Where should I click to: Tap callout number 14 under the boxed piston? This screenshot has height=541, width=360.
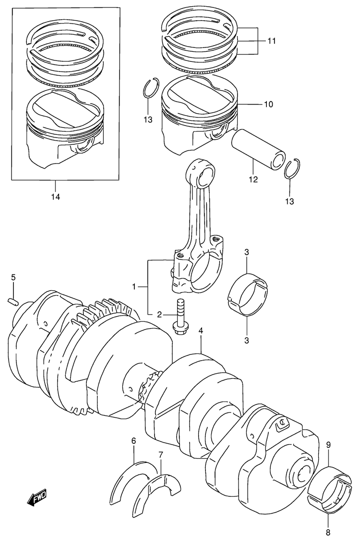coord(55,197)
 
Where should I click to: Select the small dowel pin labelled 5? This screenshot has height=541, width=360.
coord(12,301)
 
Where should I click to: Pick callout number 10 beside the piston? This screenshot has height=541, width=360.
coord(268,104)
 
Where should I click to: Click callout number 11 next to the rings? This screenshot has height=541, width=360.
coord(271,41)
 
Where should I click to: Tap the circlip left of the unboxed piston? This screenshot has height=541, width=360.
coord(151,89)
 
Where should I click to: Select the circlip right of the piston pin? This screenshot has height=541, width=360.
coord(293,168)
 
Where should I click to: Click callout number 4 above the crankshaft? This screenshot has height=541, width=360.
coord(201,331)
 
